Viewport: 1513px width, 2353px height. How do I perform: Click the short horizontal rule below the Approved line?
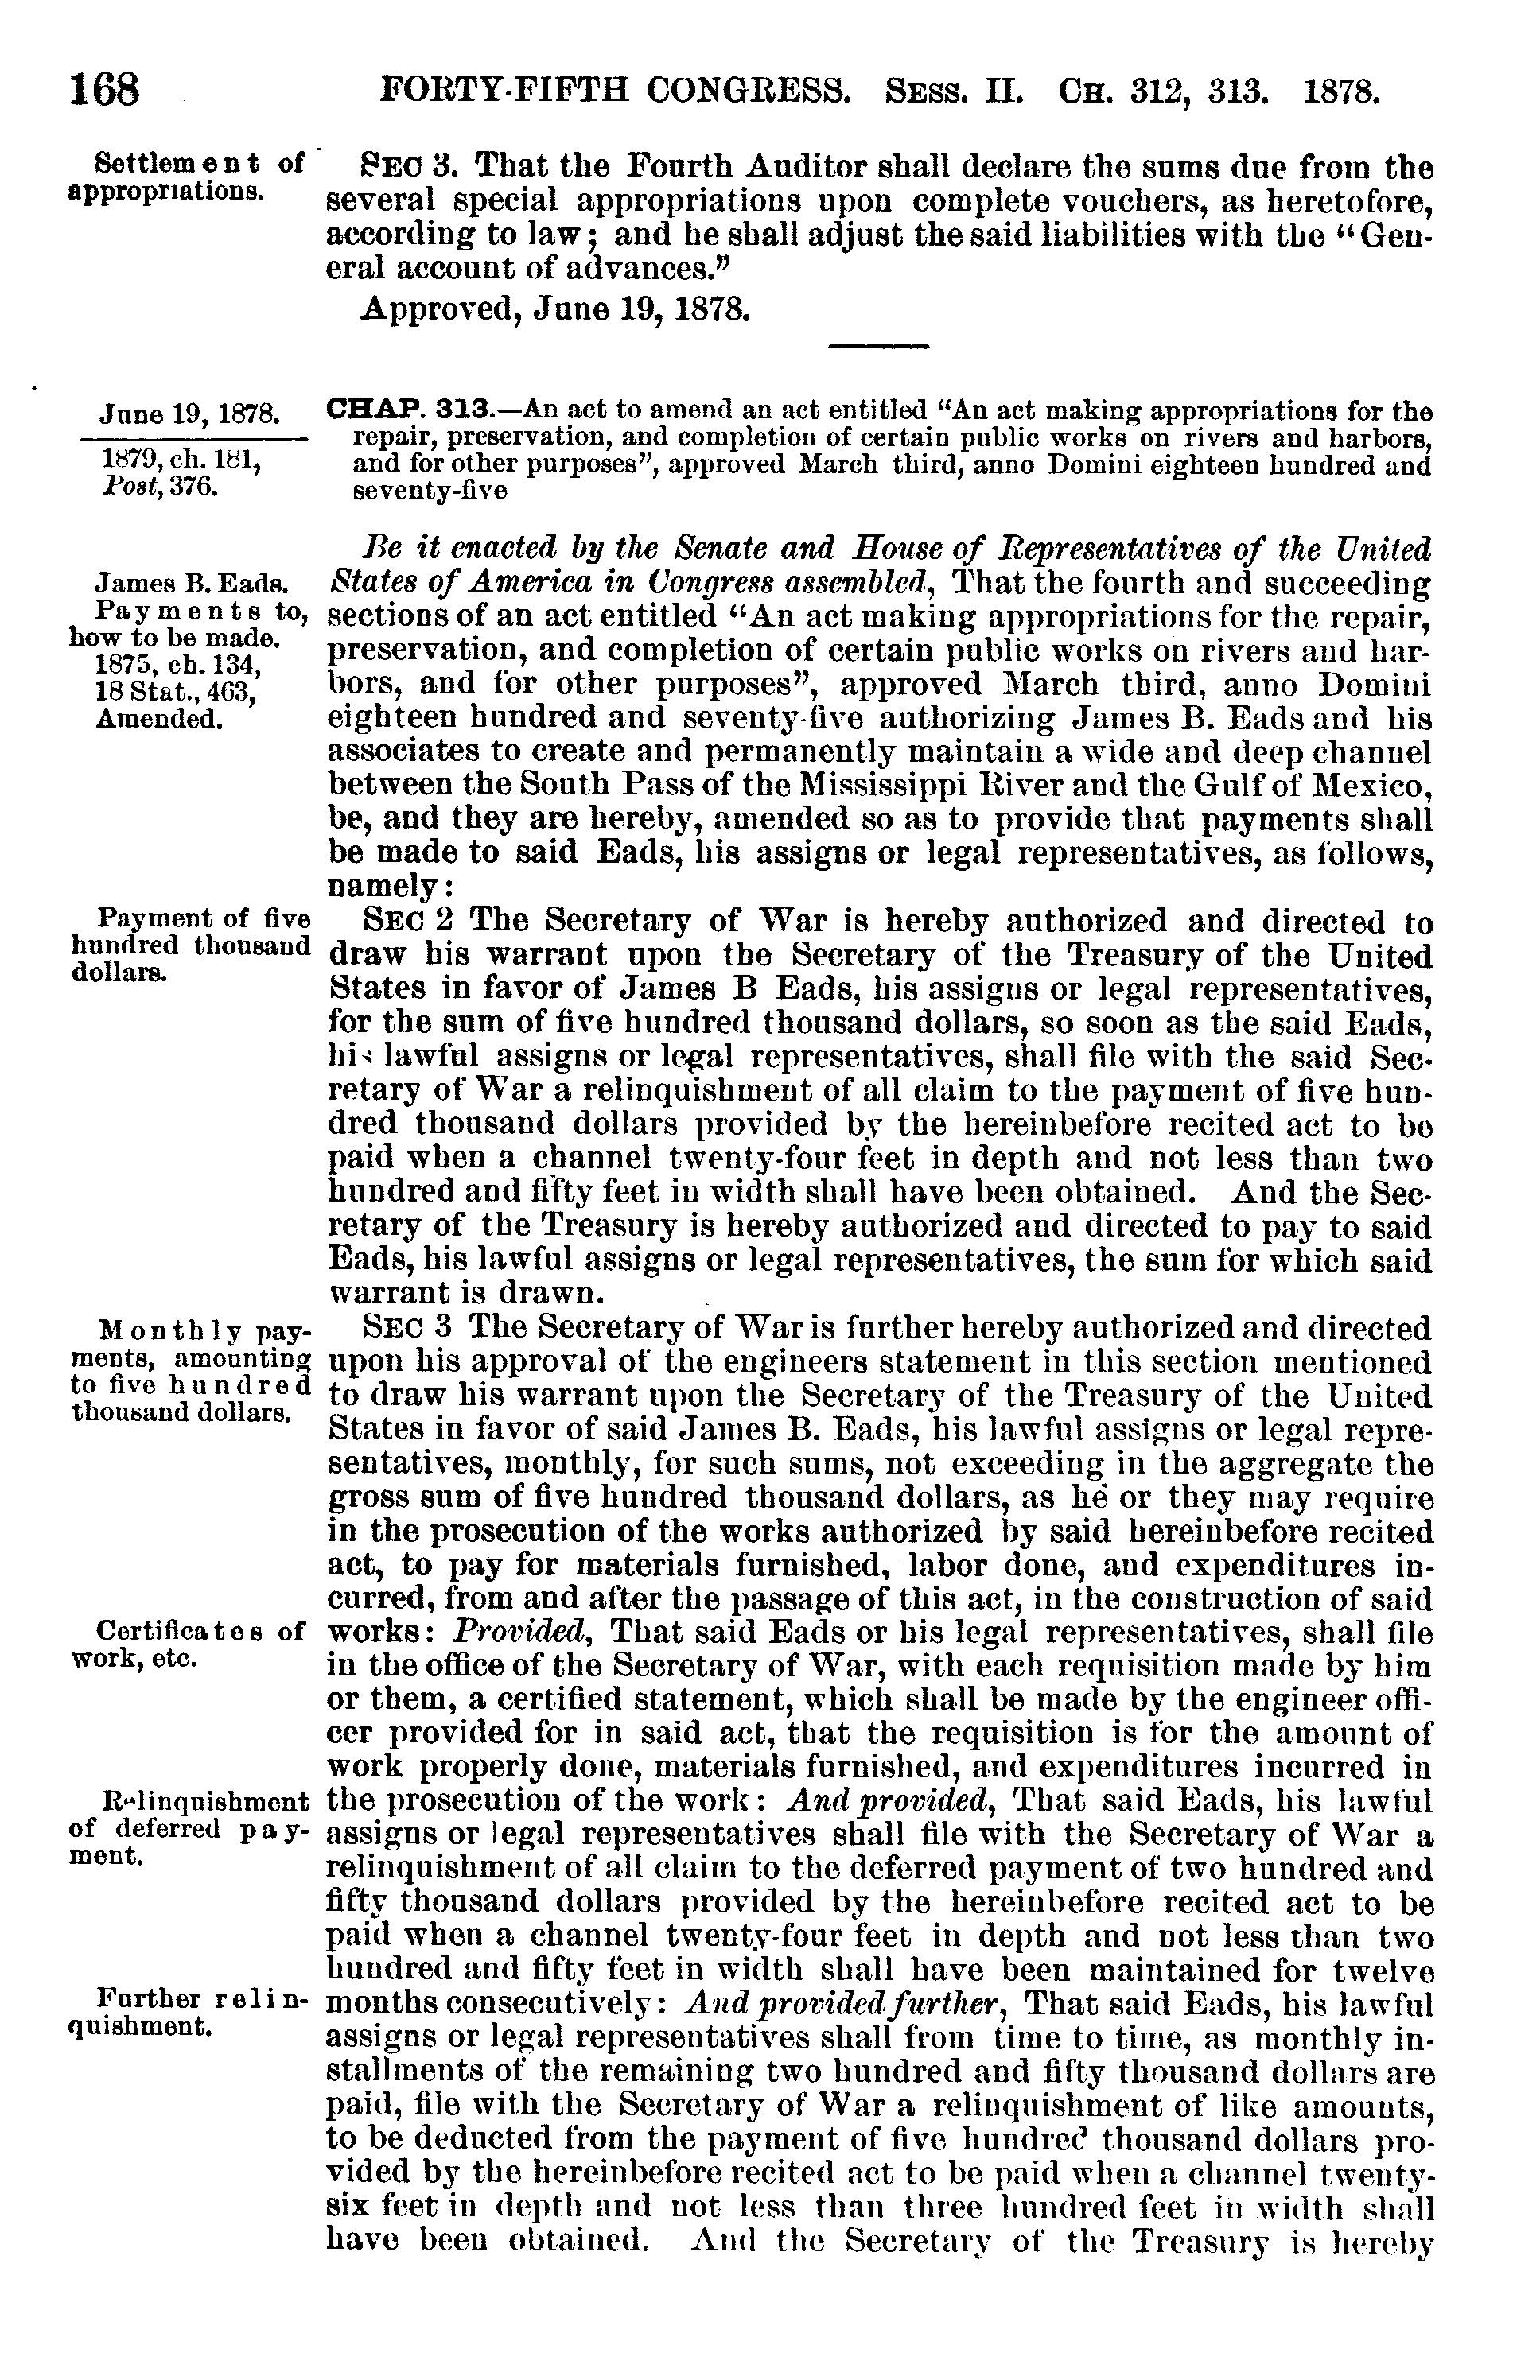(x=879, y=344)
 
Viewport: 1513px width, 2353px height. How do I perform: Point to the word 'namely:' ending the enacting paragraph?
(x=389, y=886)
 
